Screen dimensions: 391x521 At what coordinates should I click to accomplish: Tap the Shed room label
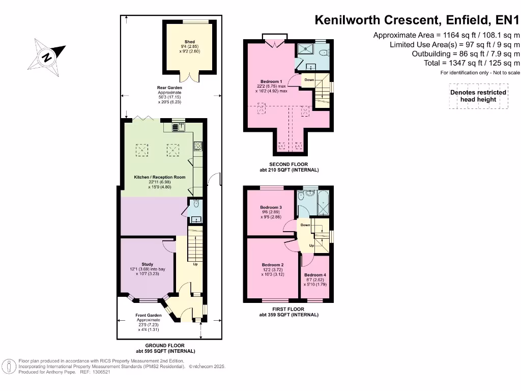pos(189,42)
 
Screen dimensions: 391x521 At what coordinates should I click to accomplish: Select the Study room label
pos(147,264)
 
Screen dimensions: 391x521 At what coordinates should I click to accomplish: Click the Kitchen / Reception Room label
pos(159,177)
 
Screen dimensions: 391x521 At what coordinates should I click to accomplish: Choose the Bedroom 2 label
pos(272,265)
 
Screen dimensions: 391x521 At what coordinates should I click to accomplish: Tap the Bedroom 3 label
pos(271,208)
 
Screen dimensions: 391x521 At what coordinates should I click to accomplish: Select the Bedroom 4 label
pos(315,275)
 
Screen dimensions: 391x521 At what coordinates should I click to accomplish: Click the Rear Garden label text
pos(169,88)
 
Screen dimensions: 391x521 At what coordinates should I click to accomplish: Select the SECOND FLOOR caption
pos(288,164)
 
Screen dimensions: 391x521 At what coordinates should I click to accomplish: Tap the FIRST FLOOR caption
pos(288,309)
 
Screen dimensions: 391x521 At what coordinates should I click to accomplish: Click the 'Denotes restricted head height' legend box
pos(478,96)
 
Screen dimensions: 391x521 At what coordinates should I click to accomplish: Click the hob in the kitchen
pos(197,146)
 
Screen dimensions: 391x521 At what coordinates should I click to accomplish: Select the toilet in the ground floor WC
pos(196,204)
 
